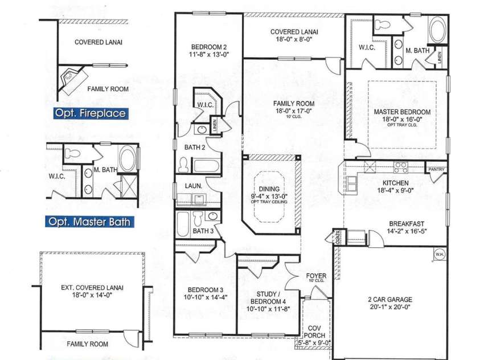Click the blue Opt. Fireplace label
[89, 113]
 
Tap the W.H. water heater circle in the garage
[439, 254]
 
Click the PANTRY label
[437, 169]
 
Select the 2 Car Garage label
[390, 299]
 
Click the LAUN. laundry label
[190, 186]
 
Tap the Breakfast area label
[405, 224]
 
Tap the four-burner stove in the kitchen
[400, 167]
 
